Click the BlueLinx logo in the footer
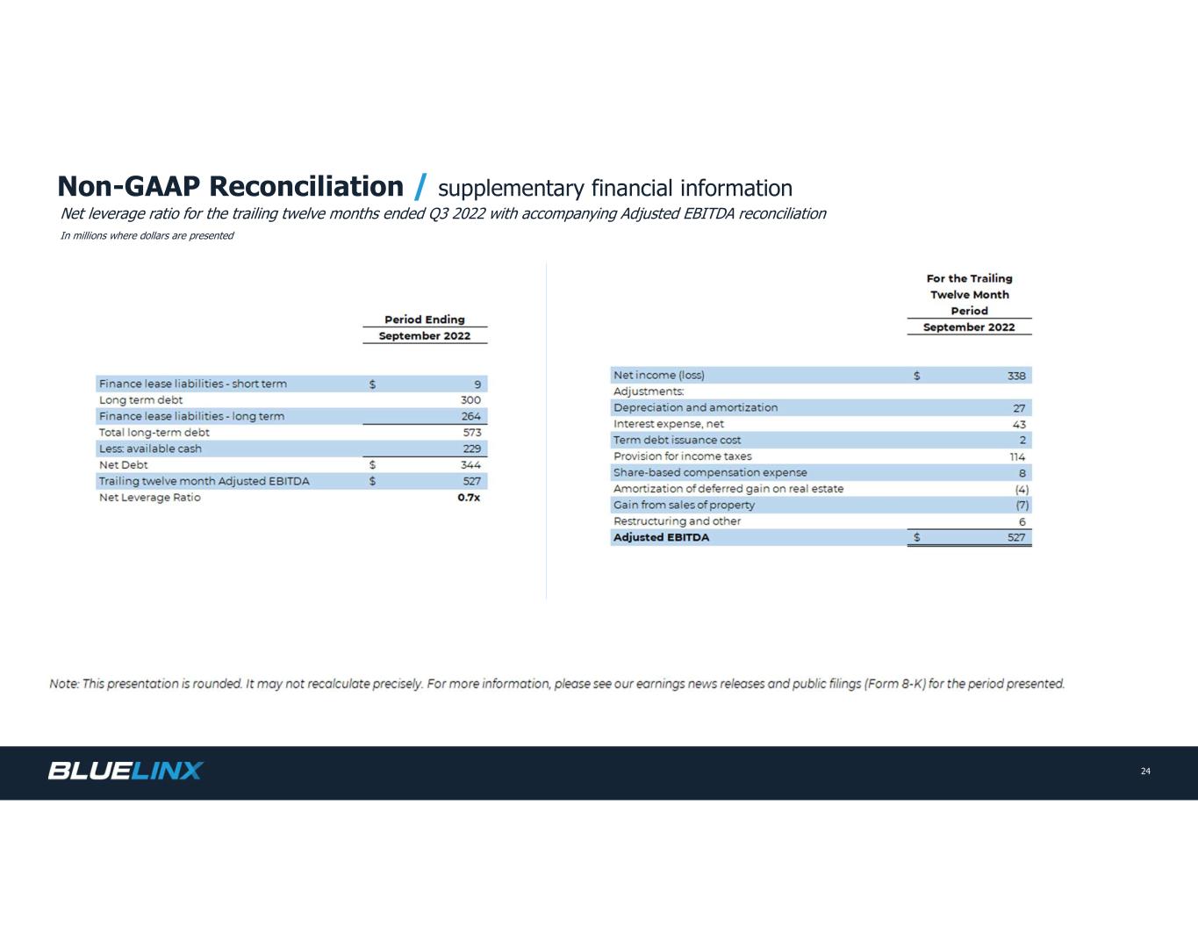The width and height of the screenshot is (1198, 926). tap(125, 771)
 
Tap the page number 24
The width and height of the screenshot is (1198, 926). tap(1145, 772)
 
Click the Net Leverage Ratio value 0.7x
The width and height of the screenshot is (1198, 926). tap(469, 498)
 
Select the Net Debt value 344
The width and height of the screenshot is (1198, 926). tap(470, 465)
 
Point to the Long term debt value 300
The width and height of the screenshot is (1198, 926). tap(470, 400)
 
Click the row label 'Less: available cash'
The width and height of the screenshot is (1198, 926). tap(150, 449)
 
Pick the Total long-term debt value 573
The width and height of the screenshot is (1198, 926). tap(470, 433)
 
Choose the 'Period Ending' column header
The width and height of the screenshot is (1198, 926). tap(425, 319)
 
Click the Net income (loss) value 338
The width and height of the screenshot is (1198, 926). tap(1015, 376)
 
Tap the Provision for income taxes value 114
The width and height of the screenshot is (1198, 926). tap(1017, 456)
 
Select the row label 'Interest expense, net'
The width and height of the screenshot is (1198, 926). tap(668, 424)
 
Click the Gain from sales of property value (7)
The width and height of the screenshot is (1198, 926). tap(1022, 505)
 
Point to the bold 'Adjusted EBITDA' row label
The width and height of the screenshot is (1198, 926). tap(661, 537)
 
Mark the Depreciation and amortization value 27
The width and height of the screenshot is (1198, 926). tap(1019, 408)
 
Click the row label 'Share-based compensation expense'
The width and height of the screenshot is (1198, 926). tap(709, 472)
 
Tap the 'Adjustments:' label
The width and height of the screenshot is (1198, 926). tap(648, 391)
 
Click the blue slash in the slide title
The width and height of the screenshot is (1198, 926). tap(420, 187)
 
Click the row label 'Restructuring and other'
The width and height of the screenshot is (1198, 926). tap(677, 521)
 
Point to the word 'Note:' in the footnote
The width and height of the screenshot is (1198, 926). tap(64, 684)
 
